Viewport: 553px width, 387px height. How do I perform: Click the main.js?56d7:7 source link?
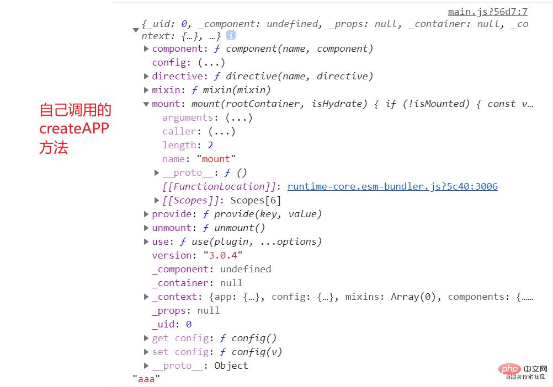[x=487, y=12]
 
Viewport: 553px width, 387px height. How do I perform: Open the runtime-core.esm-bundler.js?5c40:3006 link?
[x=392, y=186]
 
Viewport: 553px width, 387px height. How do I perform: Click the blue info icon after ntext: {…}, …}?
[x=231, y=35]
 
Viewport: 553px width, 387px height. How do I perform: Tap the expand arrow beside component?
[x=146, y=49]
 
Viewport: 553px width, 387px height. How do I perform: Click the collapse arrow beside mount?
[x=146, y=104]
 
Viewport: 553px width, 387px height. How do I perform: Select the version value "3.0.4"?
[x=223, y=255]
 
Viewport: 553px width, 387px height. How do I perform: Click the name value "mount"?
[x=216, y=159]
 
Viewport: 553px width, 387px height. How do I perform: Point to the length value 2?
[x=210, y=145]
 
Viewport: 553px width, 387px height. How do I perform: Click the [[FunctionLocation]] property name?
[x=219, y=186]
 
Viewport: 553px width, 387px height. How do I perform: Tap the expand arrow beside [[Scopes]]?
[x=157, y=200]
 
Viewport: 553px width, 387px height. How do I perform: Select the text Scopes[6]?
[x=256, y=200]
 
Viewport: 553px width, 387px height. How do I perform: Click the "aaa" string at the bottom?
[x=146, y=379]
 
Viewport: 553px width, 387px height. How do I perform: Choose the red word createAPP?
[x=74, y=129]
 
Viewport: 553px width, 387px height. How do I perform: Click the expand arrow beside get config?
[x=146, y=338]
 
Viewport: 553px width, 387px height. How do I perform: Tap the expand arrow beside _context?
[x=146, y=297]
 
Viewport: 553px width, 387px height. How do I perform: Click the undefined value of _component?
[x=246, y=269]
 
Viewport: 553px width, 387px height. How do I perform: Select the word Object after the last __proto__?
[x=231, y=365]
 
